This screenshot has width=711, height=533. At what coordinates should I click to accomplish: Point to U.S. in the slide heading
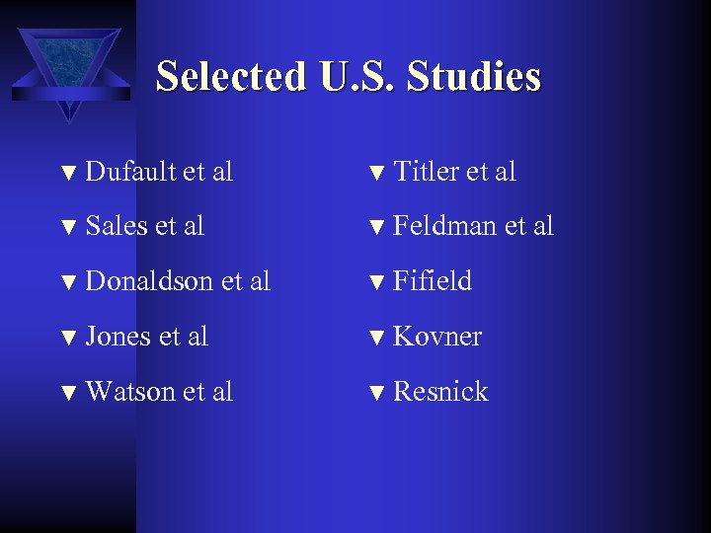(359, 77)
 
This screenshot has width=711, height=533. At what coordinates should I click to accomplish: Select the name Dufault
(130, 172)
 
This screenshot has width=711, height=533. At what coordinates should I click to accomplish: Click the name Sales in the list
(117, 226)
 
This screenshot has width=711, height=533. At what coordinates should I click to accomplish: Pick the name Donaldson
(149, 281)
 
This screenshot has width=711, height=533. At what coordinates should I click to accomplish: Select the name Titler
(427, 172)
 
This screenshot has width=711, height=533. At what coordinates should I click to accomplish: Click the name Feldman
(444, 226)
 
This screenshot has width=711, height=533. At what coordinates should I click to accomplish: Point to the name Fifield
(433, 281)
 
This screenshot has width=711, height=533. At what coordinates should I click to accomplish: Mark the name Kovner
(437, 337)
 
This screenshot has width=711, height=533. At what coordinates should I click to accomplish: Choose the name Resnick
(440, 392)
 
